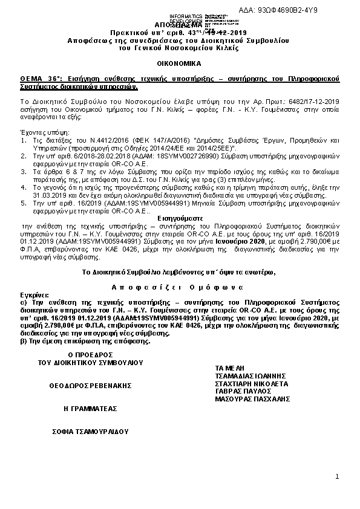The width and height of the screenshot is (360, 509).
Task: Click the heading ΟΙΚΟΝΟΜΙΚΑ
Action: click(180, 63)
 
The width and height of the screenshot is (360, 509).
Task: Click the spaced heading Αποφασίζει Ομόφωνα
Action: click(179, 285)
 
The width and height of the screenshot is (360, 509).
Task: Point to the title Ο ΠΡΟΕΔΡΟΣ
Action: click(91, 354)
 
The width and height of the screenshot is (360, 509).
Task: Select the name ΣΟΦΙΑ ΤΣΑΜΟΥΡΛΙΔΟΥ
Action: click(91, 433)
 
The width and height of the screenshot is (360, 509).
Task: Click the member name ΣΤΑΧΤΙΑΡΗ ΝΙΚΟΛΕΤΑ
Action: click(252, 383)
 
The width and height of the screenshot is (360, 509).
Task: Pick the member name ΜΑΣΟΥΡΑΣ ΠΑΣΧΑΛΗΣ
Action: click(253, 399)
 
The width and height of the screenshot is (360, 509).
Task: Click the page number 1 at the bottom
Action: click(337, 478)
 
